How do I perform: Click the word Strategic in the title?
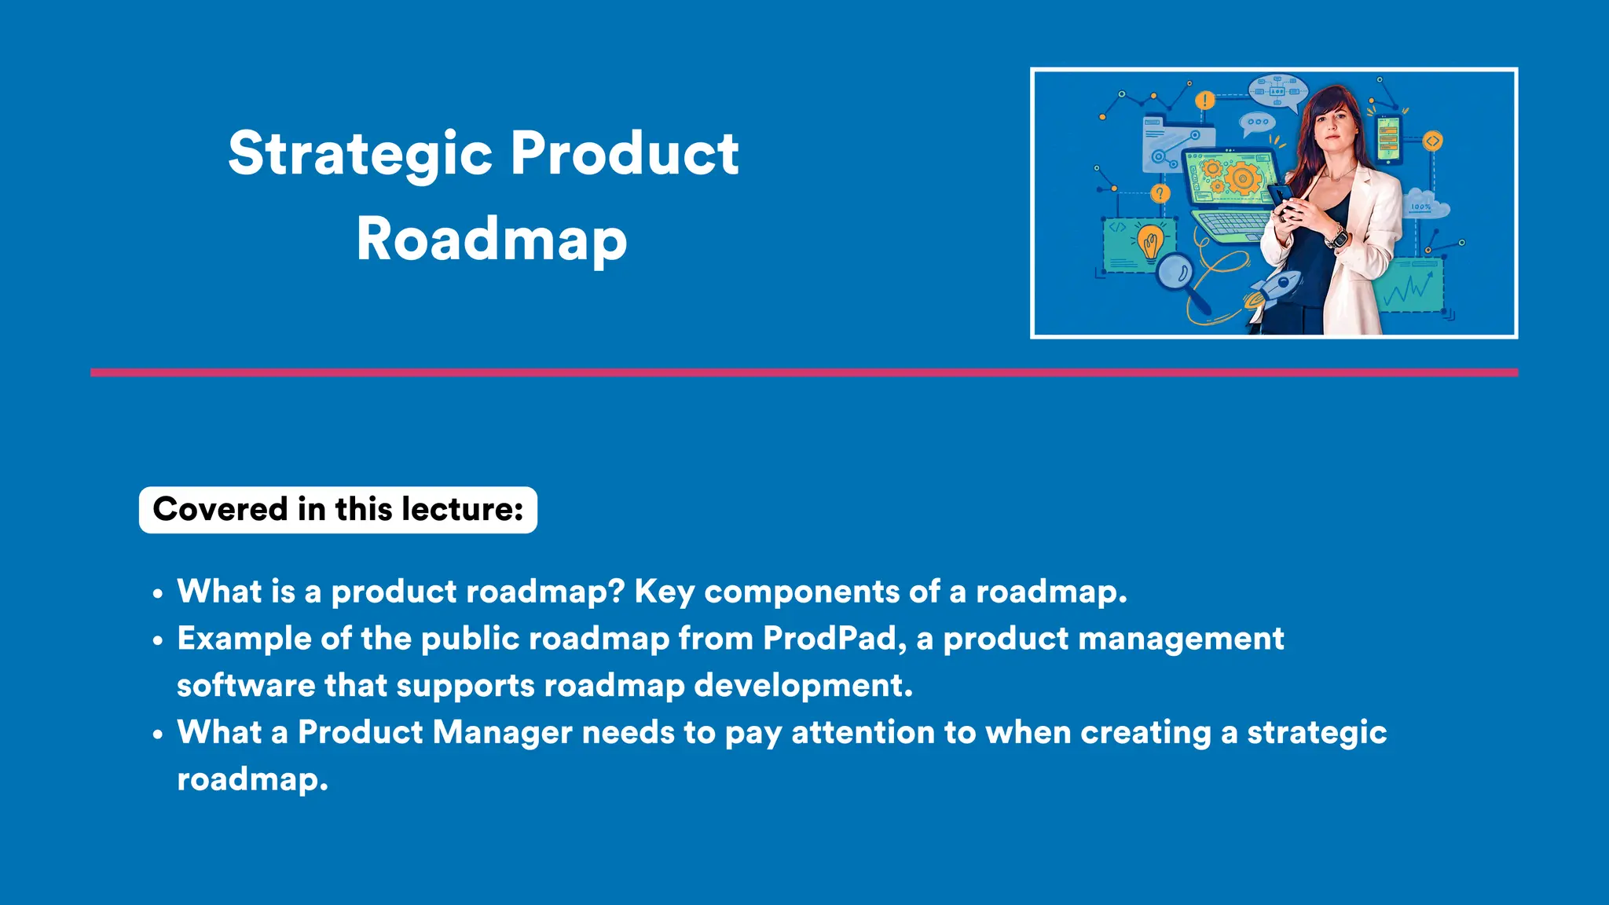pyautogui.click(x=360, y=153)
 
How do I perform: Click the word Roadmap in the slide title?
pyautogui.click(x=491, y=239)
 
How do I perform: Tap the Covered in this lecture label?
pyautogui.click(x=338, y=510)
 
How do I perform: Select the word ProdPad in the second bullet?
pyautogui.click(x=830, y=638)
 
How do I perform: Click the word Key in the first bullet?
pyautogui.click(x=664, y=592)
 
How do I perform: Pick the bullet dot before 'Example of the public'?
pyautogui.click(x=158, y=641)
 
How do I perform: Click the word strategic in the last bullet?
pyautogui.click(x=1317, y=732)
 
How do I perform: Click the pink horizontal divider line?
pyautogui.click(x=804, y=372)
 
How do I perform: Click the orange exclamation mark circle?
pyautogui.click(x=1204, y=101)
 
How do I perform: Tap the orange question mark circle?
pyautogui.click(x=1160, y=193)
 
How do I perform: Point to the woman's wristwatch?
pyautogui.click(x=1336, y=236)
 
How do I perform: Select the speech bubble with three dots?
pyautogui.click(x=1257, y=123)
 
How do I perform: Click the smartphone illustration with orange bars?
pyautogui.click(x=1388, y=140)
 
